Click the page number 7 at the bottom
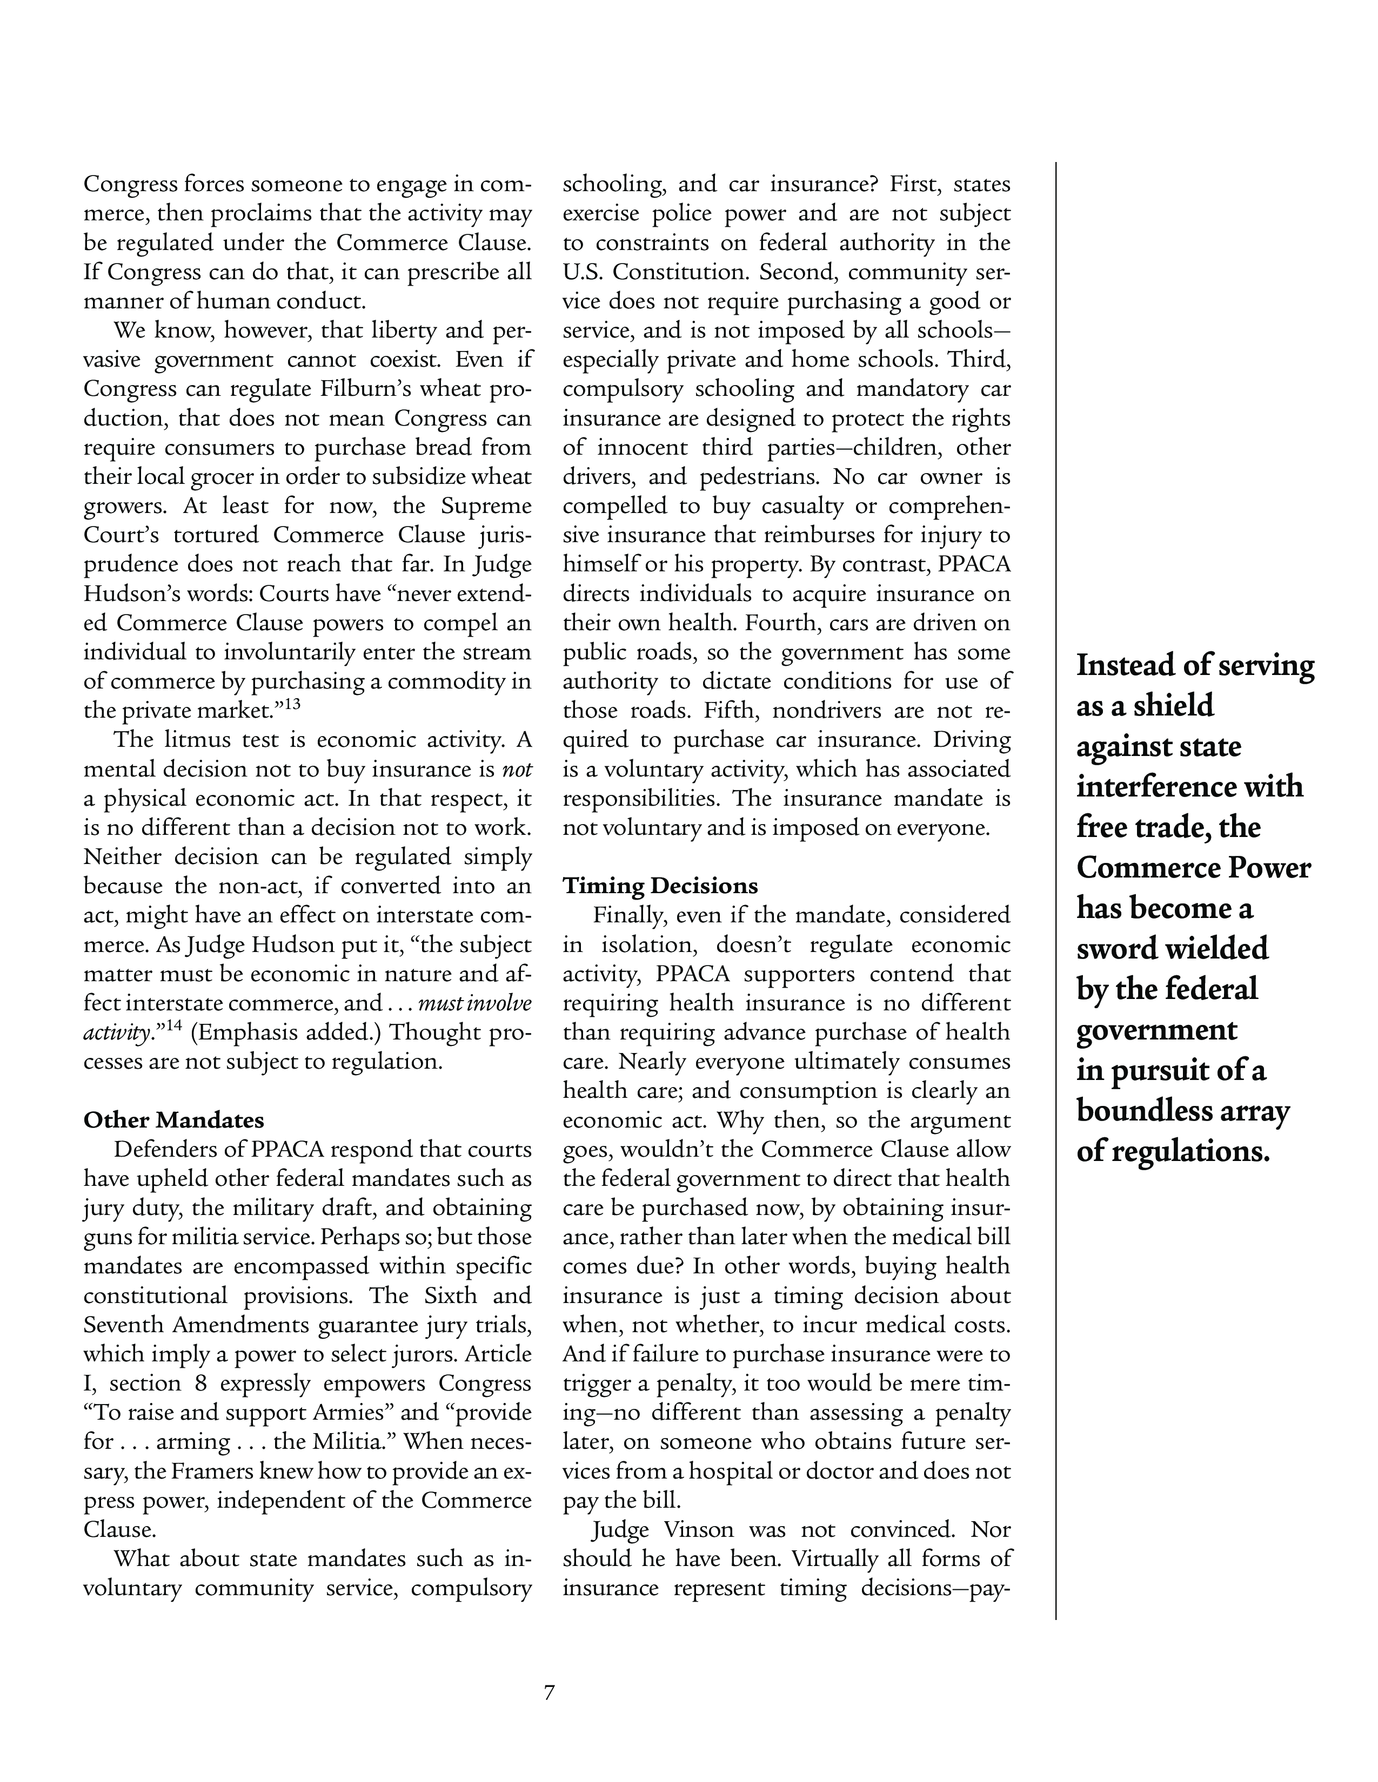click(x=550, y=1692)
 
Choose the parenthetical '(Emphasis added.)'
click(x=286, y=1032)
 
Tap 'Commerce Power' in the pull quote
click(x=1193, y=867)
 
